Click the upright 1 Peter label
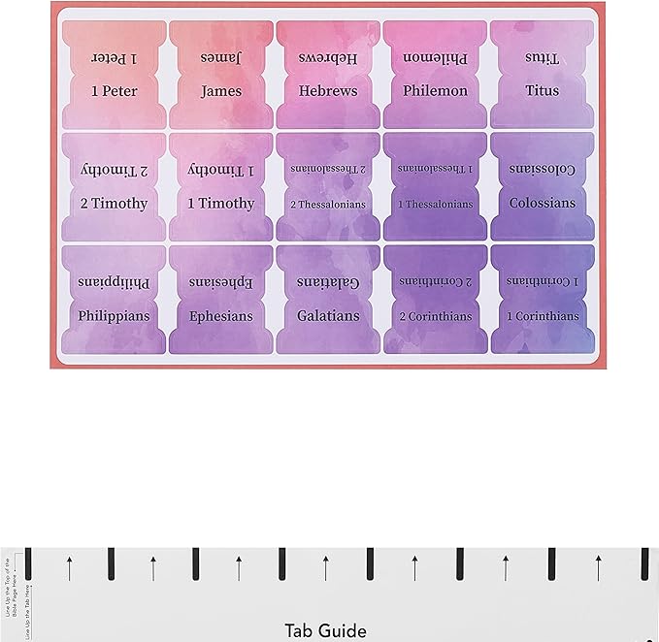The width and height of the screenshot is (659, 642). click(114, 91)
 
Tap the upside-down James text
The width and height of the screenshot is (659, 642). click(221, 57)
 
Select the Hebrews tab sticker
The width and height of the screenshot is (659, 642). click(328, 75)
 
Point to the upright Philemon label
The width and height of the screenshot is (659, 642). click(436, 91)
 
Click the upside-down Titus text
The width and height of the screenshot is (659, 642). click(543, 57)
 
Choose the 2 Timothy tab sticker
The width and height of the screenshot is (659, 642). click(114, 187)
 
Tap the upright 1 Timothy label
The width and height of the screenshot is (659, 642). click(221, 204)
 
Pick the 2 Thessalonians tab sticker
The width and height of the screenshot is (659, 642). click(328, 187)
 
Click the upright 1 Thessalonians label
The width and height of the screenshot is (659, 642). click(436, 204)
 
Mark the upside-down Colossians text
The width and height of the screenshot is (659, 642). click(543, 169)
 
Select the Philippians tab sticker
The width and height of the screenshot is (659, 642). click(114, 300)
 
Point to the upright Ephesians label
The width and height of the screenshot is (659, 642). click(221, 316)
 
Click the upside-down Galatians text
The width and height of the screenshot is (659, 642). click(328, 281)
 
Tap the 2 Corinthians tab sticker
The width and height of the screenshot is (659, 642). click(436, 300)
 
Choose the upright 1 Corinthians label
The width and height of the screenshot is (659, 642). click(543, 316)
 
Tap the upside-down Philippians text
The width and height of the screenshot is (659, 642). click(114, 281)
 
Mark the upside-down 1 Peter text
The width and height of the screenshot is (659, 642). click(114, 57)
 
